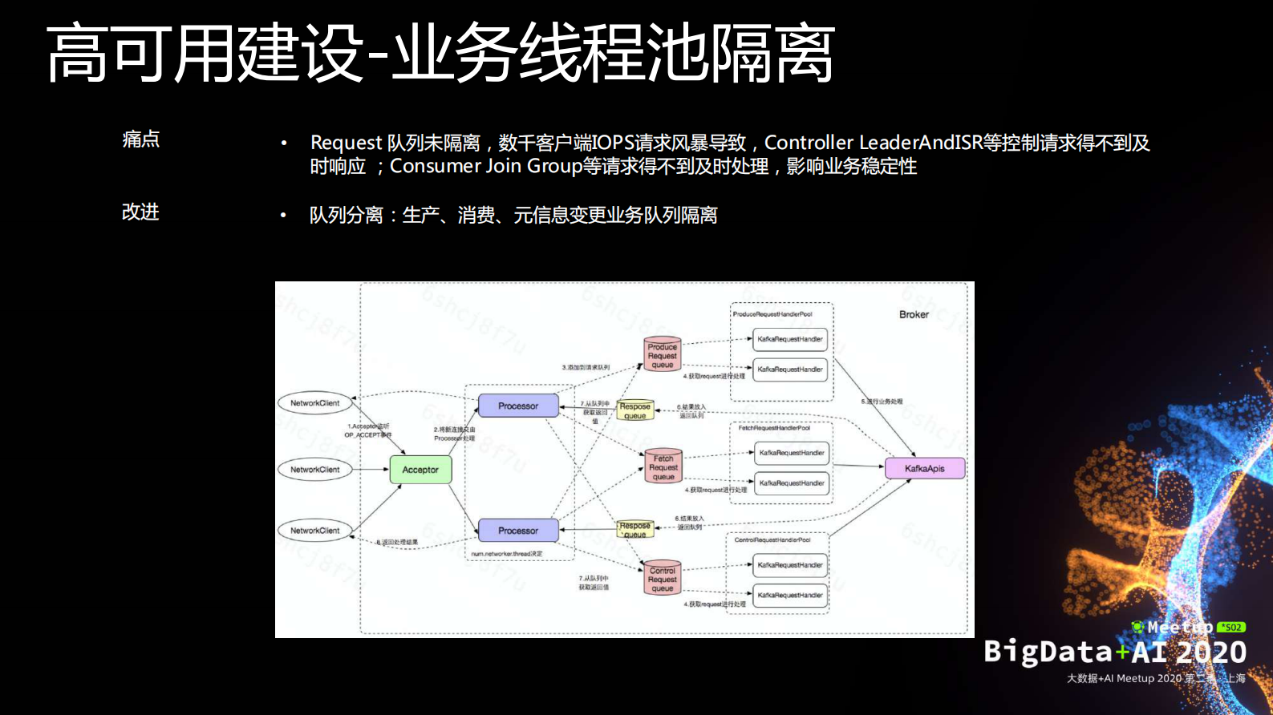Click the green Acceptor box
pyautogui.click(x=420, y=470)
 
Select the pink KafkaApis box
pyautogui.click(x=924, y=468)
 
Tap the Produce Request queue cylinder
pyautogui.click(x=663, y=354)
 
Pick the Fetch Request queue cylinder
pyautogui.click(x=663, y=467)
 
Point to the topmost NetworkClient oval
pyautogui.click(x=314, y=403)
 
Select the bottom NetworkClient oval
pyautogui.click(x=314, y=531)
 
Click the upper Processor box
pyautogui.click(x=518, y=406)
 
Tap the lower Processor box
pyautogui.click(x=518, y=531)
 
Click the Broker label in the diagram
pyautogui.click(x=914, y=314)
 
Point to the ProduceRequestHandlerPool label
pyautogui.click(x=772, y=314)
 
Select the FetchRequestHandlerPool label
pyautogui.click(x=774, y=428)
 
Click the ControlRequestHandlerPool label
pyautogui.click(x=772, y=540)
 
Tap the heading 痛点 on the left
pyautogui.click(x=141, y=139)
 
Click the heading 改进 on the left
pyautogui.click(x=140, y=212)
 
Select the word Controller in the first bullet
pyautogui.click(x=809, y=143)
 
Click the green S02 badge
pyautogui.click(x=1230, y=628)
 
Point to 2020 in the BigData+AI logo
pyautogui.click(x=1211, y=652)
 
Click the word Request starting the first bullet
pyautogui.click(x=346, y=143)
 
